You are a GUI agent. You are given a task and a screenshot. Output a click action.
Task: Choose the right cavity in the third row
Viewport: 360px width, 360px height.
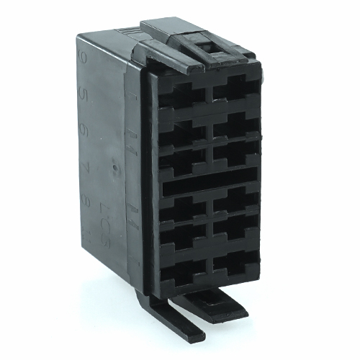(235, 155)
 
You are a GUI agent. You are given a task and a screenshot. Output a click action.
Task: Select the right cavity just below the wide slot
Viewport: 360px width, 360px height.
(235, 199)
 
